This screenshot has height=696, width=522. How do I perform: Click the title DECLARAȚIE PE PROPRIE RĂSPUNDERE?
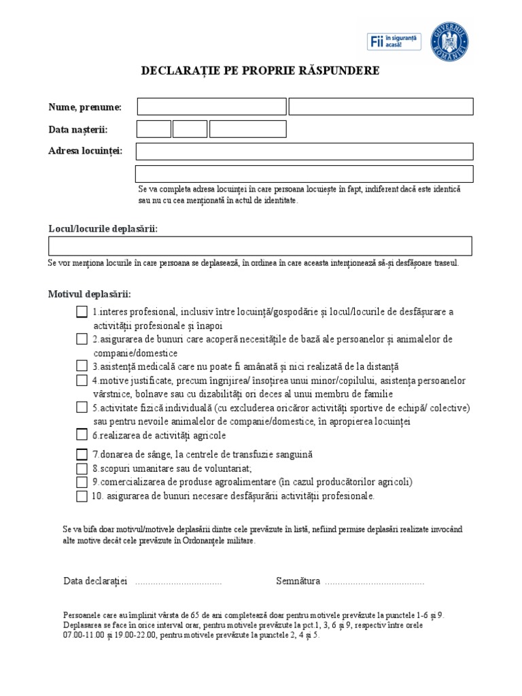260,71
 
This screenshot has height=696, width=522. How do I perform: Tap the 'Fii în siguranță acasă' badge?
394,41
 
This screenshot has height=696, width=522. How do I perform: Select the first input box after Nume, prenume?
211,107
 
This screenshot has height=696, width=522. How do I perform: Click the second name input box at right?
381,107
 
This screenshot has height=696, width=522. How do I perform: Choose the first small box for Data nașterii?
154,129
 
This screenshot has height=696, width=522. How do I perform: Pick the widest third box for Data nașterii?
247,129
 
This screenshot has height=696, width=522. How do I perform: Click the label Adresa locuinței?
85,151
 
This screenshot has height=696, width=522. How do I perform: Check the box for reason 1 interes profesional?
82,312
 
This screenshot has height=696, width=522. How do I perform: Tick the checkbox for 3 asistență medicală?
82,366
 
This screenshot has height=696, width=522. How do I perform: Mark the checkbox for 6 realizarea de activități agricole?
82,435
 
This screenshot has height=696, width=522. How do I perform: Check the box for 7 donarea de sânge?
82,454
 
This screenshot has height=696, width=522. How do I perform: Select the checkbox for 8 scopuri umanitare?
82,468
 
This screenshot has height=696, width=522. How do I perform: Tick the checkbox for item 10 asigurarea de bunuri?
82,496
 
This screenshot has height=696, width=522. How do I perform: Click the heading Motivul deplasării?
89,294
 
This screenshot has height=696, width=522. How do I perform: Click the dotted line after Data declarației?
179,582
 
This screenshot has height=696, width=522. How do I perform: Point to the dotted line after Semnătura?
374,582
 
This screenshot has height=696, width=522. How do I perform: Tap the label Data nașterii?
77,129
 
